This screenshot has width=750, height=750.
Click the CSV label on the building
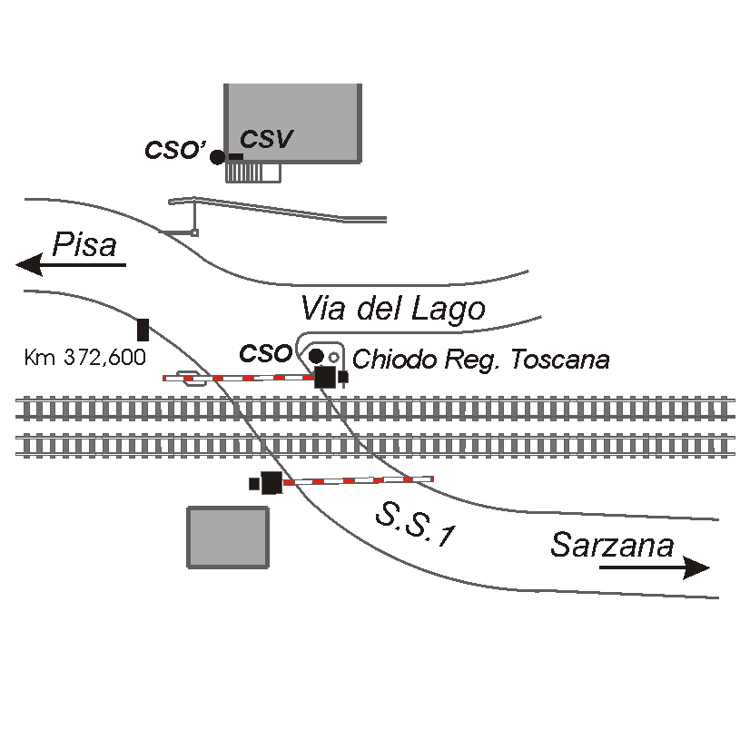click(x=266, y=139)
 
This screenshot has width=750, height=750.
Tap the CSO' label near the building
click(x=175, y=150)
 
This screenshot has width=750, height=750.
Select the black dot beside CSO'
click(x=218, y=157)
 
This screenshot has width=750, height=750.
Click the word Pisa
click(x=84, y=244)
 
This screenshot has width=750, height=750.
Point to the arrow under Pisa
click(x=71, y=265)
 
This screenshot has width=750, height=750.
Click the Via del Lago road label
click(x=393, y=309)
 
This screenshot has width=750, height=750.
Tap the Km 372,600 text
click(x=84, y=358)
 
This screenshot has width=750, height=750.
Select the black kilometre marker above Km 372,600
click(x=143, y=330)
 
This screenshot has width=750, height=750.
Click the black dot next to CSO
click(x=316, y=356)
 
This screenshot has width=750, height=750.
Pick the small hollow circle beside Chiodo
click(x=334, y=357)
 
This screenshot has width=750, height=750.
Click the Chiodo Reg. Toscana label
click(x=480, y=360)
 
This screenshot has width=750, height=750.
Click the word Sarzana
click(x=612, y=545)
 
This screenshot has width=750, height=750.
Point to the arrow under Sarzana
click(x=655, y=567)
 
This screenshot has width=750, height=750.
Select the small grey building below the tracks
click(x=228, y=538)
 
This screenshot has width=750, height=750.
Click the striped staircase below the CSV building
click(x=253, y=173)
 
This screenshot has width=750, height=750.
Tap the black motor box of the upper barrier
click(x=325, y=377)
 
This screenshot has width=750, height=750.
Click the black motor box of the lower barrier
click(x=271, y=483)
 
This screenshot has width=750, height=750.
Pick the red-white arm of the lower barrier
click(x=359, y=480)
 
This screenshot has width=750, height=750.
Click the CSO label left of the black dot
click(x=265, y=354)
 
